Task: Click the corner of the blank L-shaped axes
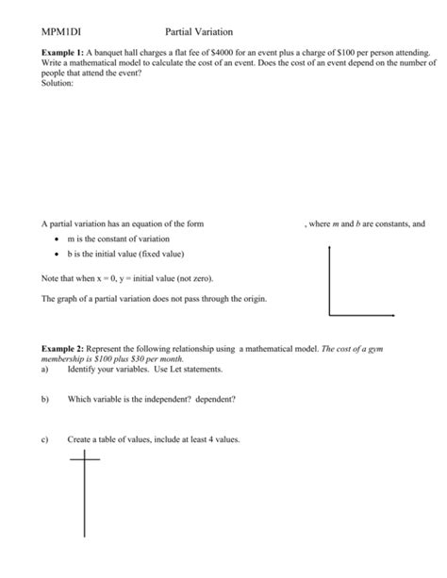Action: (329, 315)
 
